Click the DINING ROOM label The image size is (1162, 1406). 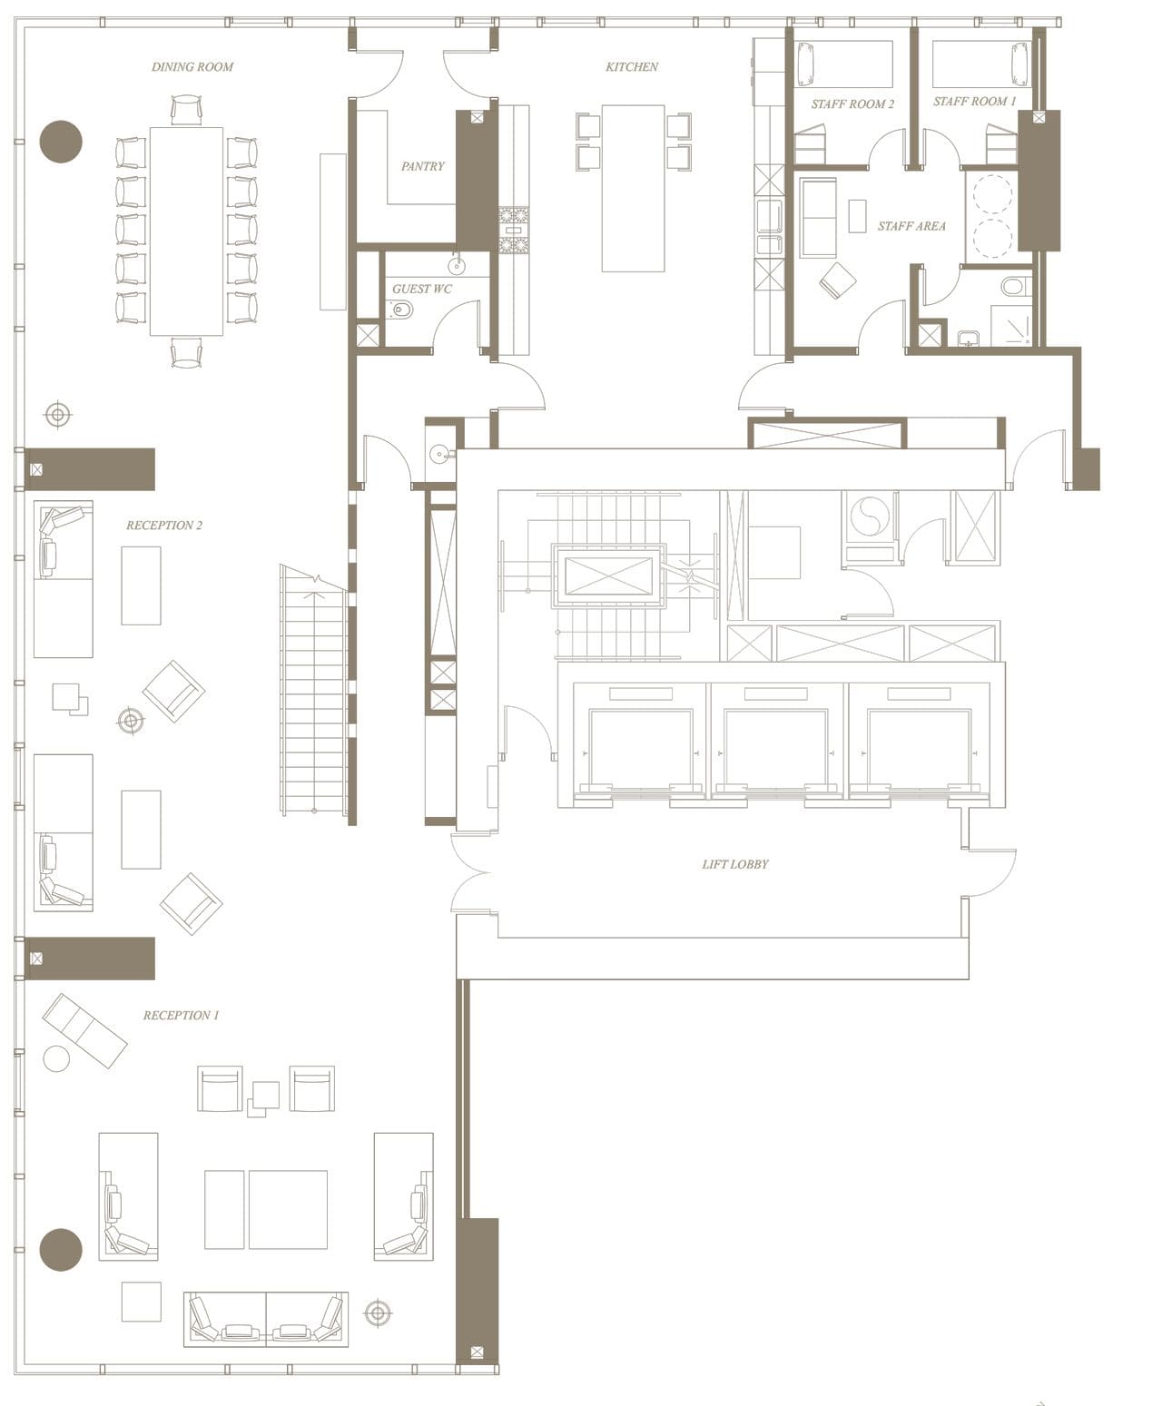point(192,67)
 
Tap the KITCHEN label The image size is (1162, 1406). point(632,67)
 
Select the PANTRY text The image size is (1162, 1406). point(423,167)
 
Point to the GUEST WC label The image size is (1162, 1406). point(421,290)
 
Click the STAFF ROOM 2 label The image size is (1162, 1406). point(852,104)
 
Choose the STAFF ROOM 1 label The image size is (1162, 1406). point(974,102)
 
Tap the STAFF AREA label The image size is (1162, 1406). point(911,226)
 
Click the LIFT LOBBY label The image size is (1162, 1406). point(734,864)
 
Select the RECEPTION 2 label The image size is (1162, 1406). point(164,526)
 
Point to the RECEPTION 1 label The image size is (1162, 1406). point(181,1016)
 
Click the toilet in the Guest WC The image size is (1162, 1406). point(400,311)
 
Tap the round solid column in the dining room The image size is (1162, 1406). point(61,142)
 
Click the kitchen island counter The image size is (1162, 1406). point(633,188)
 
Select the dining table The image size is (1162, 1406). point(186,231)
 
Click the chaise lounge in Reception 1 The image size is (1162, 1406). point(84,1030)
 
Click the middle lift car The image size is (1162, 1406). point(778,749)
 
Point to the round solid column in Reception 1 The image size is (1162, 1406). point(61,1249)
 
